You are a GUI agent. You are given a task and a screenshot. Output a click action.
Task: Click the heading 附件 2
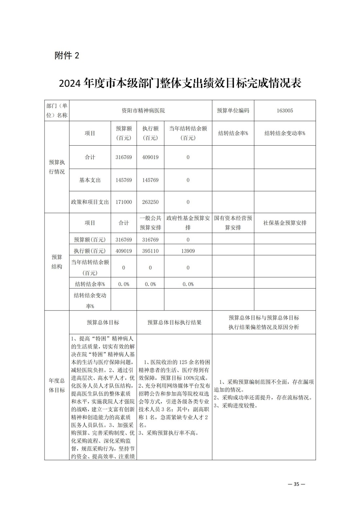coord(67,56)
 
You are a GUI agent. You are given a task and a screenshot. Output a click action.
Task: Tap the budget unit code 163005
coord(285,111)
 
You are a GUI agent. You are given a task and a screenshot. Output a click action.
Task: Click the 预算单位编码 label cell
coord(233,111)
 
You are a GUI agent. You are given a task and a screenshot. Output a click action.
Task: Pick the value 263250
coord(150,202)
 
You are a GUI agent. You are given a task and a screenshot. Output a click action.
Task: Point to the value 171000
coord(123,202)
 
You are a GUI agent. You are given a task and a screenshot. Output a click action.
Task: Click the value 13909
coord(188,251)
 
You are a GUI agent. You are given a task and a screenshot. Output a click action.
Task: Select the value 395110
coord(150,251)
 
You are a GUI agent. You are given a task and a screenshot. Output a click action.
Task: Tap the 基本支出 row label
coord(90,180)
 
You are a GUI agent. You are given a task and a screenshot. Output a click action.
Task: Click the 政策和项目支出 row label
coord(90,202)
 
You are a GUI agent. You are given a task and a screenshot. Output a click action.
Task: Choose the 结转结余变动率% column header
coord(285,133)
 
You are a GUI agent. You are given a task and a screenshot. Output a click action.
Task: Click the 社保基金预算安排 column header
coord(285,223)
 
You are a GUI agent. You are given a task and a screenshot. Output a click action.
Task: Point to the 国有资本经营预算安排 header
coord(233,223)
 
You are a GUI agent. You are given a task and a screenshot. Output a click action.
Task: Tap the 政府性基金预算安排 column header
coord(188,223)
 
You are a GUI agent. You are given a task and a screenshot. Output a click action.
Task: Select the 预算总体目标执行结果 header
coord(174,322)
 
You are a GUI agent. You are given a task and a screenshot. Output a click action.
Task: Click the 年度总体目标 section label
coord(57,385)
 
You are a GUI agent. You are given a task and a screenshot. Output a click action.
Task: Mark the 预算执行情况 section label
coord(57,167)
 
